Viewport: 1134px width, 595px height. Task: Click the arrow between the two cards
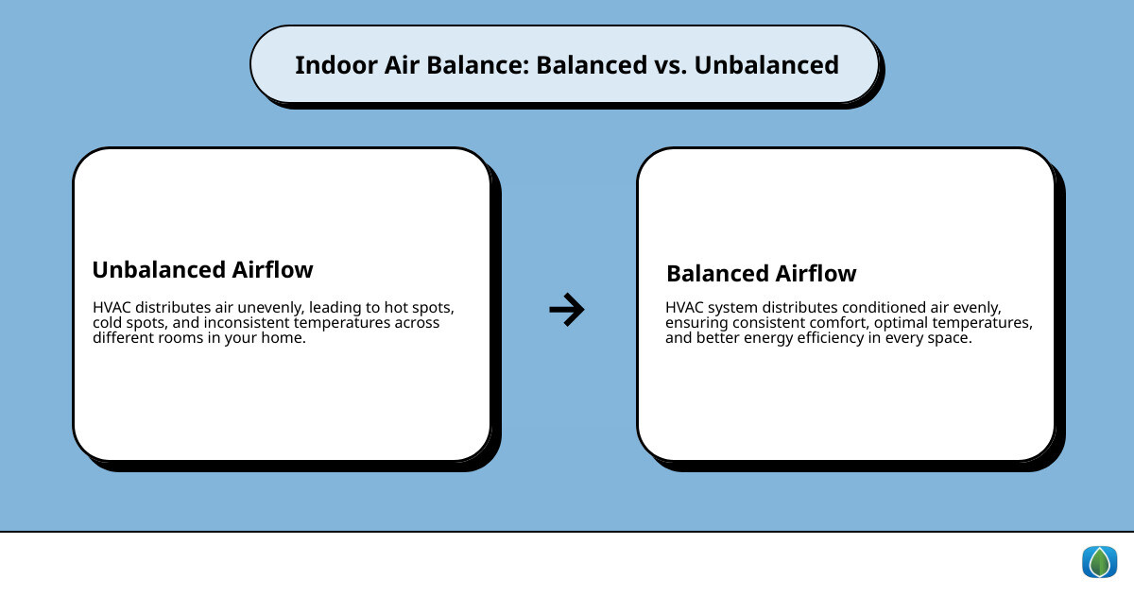coord(567,309)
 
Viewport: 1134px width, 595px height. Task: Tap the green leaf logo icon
coord(1099,562)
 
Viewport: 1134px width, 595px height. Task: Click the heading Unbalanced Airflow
coord(202,270)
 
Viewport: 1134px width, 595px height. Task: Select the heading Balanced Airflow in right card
coord(761,274)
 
